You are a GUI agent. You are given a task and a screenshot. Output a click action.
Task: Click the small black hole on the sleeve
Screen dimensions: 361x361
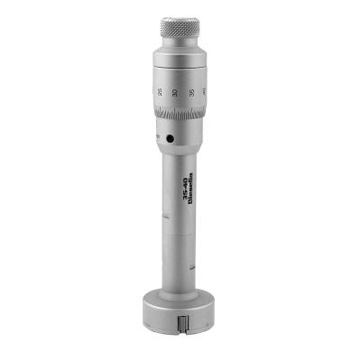click(169, 138)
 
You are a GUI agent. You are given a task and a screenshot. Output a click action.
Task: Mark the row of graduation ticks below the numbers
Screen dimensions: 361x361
click(180, 115)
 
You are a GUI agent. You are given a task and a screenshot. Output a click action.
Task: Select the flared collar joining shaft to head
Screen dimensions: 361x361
click(180, 283)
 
